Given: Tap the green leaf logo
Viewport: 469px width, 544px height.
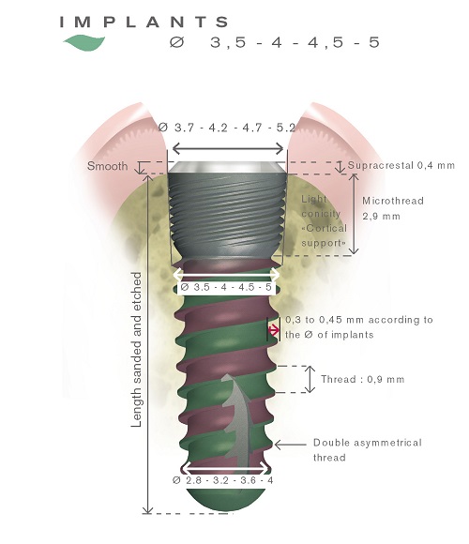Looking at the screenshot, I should coord(83,41).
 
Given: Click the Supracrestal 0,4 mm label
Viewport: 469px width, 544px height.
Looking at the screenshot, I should coord(401,165).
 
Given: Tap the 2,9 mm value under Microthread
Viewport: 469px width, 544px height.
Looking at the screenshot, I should coord(382,215).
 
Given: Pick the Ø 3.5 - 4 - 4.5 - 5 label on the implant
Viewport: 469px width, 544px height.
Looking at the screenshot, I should coord(226,288).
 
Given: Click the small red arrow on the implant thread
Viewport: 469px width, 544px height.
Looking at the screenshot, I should coord(274,329).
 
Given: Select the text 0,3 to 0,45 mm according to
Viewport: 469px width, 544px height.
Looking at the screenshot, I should coord(358,320).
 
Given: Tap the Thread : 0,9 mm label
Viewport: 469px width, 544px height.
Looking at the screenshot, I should coord(361,380).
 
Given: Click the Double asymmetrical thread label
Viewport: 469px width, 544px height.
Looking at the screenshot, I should coord(367,449).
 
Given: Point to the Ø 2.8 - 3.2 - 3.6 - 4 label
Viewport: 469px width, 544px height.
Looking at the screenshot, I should coord(223,479).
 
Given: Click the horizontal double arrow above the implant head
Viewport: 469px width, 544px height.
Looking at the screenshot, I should coord(226,148).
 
